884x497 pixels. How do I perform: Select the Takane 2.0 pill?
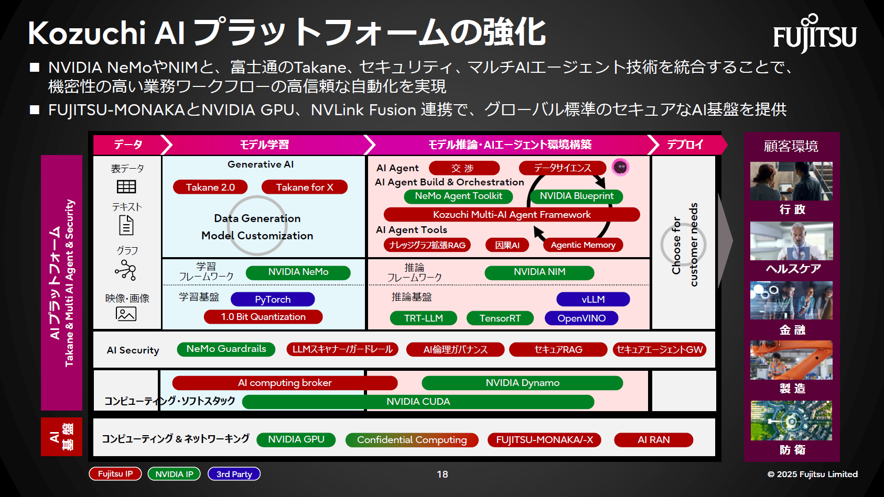point(210,187)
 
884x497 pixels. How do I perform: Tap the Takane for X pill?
point(304,187)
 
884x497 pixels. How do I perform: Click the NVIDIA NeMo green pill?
point(298,272)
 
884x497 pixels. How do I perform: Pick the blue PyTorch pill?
point(273,300)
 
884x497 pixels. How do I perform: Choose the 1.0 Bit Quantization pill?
point(263,317)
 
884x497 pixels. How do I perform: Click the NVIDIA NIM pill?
point(539,272)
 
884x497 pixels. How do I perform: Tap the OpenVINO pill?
point(581,318)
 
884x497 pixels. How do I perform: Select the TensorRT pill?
point(500,318)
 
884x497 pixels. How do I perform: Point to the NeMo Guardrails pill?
point(226,349)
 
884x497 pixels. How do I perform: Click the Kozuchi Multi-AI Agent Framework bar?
point(512,215)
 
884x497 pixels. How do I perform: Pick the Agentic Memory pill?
point(583,245)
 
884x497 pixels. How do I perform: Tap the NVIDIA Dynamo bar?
point(522,383)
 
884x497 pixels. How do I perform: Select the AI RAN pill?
point(653,440)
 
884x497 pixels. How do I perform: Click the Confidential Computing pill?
point(412,440)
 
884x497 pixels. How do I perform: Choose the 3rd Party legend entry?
point(234,474)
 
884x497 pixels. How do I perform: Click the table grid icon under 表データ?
point(126,187)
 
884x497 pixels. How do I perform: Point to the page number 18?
point(442,474)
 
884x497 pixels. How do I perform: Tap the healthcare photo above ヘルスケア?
point(791,241)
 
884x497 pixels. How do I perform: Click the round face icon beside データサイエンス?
point(620,168)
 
